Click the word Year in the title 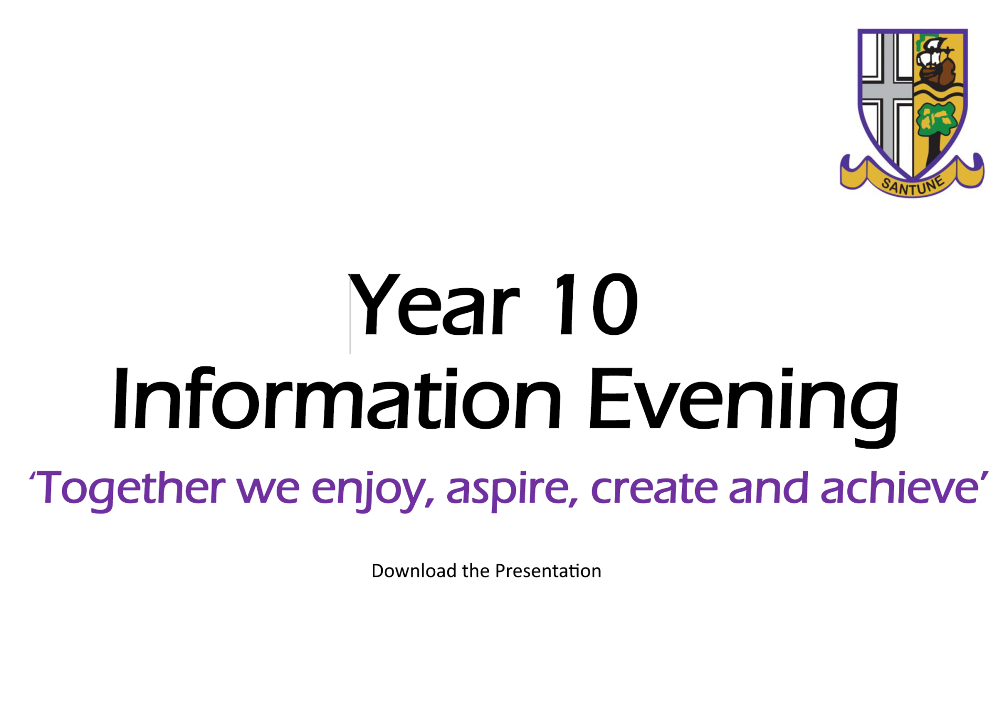click(x=434, y=304)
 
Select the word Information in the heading click(x=337, y=399)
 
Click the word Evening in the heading click(x=743, y=407)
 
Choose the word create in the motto click(x=654, y=488)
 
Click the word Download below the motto click(x=414, y=571)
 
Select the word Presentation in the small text click(x=548, y=571)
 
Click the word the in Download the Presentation click(x=476, y=571)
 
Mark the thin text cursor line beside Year click(x=350, y=314)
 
